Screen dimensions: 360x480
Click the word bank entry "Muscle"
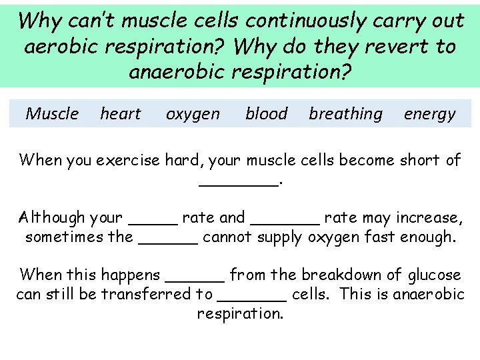coord(52,114)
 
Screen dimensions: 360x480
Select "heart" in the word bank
coord(121,114)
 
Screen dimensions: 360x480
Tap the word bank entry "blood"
coord(266,114)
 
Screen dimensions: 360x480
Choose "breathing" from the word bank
coord(345,114)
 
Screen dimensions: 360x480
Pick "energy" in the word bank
coord(429,115)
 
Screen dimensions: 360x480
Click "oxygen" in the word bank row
coord(193,115)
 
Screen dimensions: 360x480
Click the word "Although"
coord(52,217)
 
